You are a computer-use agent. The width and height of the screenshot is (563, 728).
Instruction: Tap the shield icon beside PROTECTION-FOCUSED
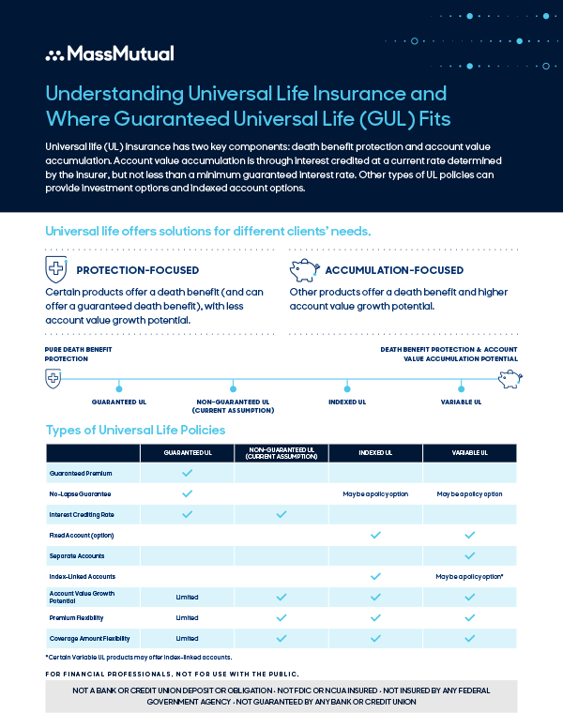pos(56,270)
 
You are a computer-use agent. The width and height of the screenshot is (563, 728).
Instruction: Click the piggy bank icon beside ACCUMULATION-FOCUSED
pos(303,270)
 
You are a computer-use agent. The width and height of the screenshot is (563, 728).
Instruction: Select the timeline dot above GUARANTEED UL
pos(119,387)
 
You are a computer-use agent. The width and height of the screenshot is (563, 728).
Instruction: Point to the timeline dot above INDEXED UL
pos(347,387)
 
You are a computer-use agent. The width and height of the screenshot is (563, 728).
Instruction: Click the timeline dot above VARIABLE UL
pos(461,387)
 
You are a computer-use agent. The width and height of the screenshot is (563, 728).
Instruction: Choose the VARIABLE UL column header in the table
pos(469,452)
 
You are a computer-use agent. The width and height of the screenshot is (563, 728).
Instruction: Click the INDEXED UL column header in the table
pos(375,452)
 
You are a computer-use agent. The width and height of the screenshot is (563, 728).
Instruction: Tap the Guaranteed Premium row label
pos(81,473)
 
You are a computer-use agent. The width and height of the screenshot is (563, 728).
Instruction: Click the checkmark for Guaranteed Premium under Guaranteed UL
pos(187,473)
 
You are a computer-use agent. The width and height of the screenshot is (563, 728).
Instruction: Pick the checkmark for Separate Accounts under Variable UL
pos(469,555)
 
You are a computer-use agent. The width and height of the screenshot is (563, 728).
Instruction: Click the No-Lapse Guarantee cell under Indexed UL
pos(375,493)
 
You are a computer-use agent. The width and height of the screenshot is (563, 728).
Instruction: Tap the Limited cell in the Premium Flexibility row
pos(187,617)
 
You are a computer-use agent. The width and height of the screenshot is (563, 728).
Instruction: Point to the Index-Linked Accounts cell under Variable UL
pos(469,576)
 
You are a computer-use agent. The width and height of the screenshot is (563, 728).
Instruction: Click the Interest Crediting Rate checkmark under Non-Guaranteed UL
pos(281,514)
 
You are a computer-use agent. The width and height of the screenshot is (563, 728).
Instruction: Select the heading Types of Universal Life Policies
pos(135,430)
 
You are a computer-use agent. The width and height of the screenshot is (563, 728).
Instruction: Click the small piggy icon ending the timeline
pos(510,378)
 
